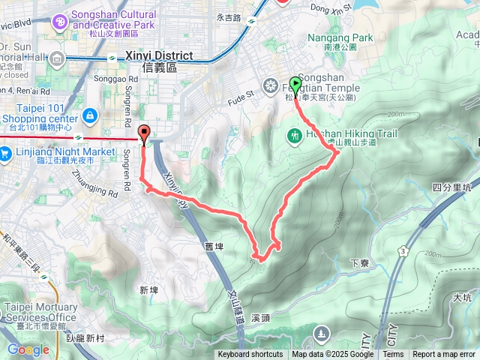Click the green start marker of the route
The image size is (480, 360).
295,85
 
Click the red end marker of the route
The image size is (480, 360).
143,130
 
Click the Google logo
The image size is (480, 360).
28,349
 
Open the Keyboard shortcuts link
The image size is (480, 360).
250,355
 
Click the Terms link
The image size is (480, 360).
393,355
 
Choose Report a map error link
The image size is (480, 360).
444,355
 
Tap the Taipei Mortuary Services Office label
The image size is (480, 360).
41,312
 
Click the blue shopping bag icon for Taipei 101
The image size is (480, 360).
90,115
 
